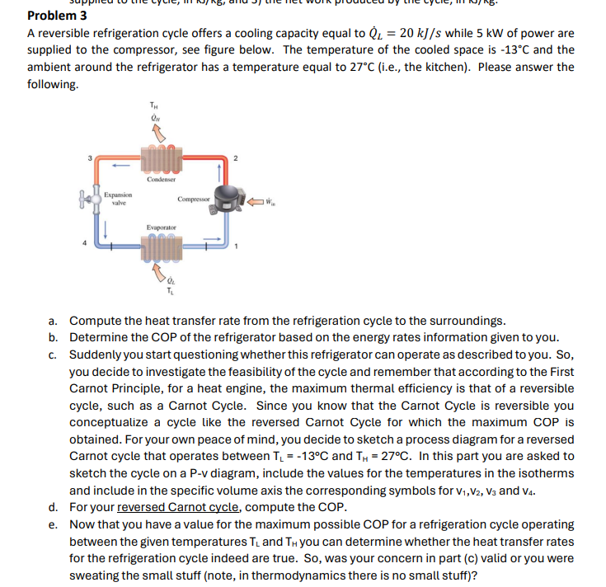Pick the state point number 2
click(x=236, y=157)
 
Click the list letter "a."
click(x=54, y=320)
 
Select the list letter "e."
click(x=54, y=524)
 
